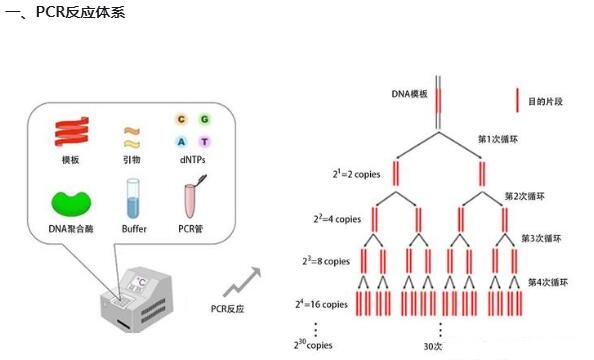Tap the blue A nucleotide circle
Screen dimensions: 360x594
pyautogui.click(x=182, y=142)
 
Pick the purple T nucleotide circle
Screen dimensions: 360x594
pyautogui.click(x=205, y=142)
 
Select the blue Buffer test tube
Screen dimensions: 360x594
pyautogui.click(x=133, y=200)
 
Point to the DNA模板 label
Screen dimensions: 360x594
pyautogui.click(x=410, y=94)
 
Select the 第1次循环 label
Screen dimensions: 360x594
pyautogui.click(x=499, y=139)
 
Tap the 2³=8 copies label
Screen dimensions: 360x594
pyautogui.click(x=325, y=261)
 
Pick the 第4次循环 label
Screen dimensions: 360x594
pyautogui.click(x=545, y=281)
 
